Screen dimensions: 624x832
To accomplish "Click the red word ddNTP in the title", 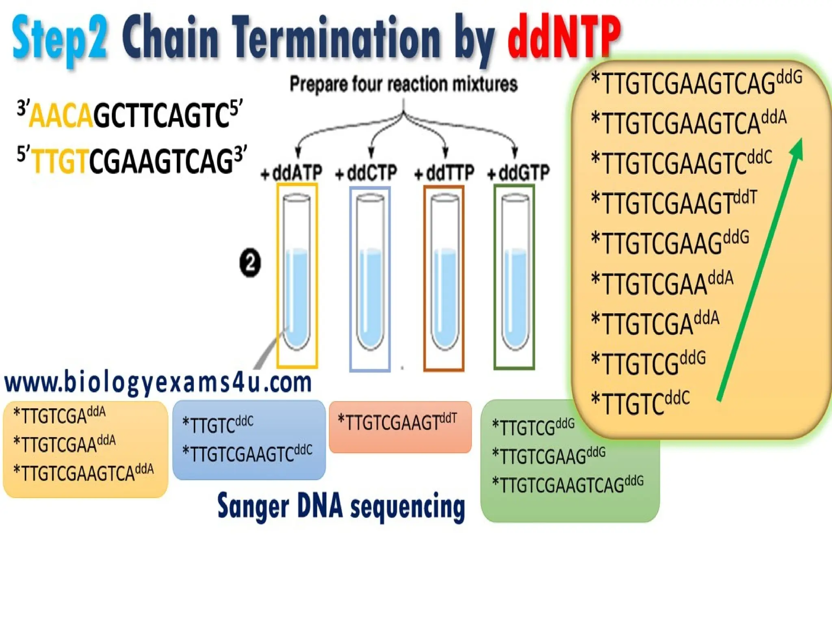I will (564, 39).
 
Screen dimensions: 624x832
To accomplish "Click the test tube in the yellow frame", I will (297, 272).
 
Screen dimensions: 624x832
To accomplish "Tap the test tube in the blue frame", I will (370, 272).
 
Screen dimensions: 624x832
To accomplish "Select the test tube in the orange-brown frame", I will (444, 272).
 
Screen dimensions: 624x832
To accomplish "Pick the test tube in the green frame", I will (515, 272).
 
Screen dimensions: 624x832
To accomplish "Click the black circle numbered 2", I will (250, 263).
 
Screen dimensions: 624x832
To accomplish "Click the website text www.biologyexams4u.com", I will (158, 383).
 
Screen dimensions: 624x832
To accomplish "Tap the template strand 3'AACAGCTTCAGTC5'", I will (130, 115).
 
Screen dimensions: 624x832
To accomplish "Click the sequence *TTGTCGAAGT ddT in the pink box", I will (397, 422).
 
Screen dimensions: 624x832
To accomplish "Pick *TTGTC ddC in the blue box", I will (218, 425).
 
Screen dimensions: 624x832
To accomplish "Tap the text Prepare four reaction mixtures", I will (403, 84).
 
